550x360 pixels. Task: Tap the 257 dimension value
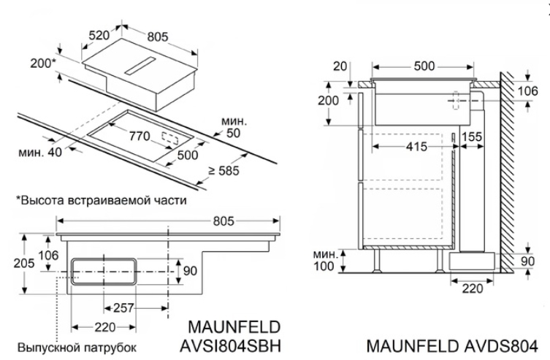coord(125,307)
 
